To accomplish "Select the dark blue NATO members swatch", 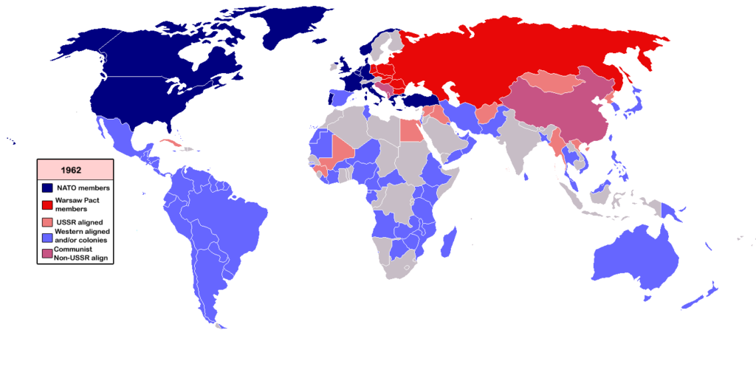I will coord(47,189).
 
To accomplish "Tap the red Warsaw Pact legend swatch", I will coord(47,205).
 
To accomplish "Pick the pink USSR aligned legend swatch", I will coord(47,222).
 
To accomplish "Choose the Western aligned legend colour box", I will coord(47,236).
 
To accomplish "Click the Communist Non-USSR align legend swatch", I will coord(47,253).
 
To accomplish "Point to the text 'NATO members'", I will coord(83,189).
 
